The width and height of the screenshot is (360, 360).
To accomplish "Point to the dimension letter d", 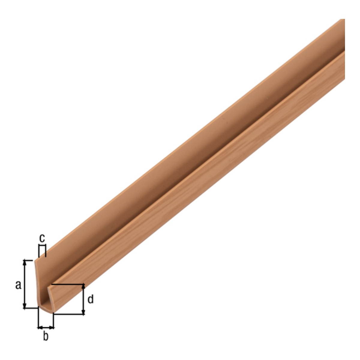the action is click(91, 299).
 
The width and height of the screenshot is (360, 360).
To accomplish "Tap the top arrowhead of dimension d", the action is click(83, 287).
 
